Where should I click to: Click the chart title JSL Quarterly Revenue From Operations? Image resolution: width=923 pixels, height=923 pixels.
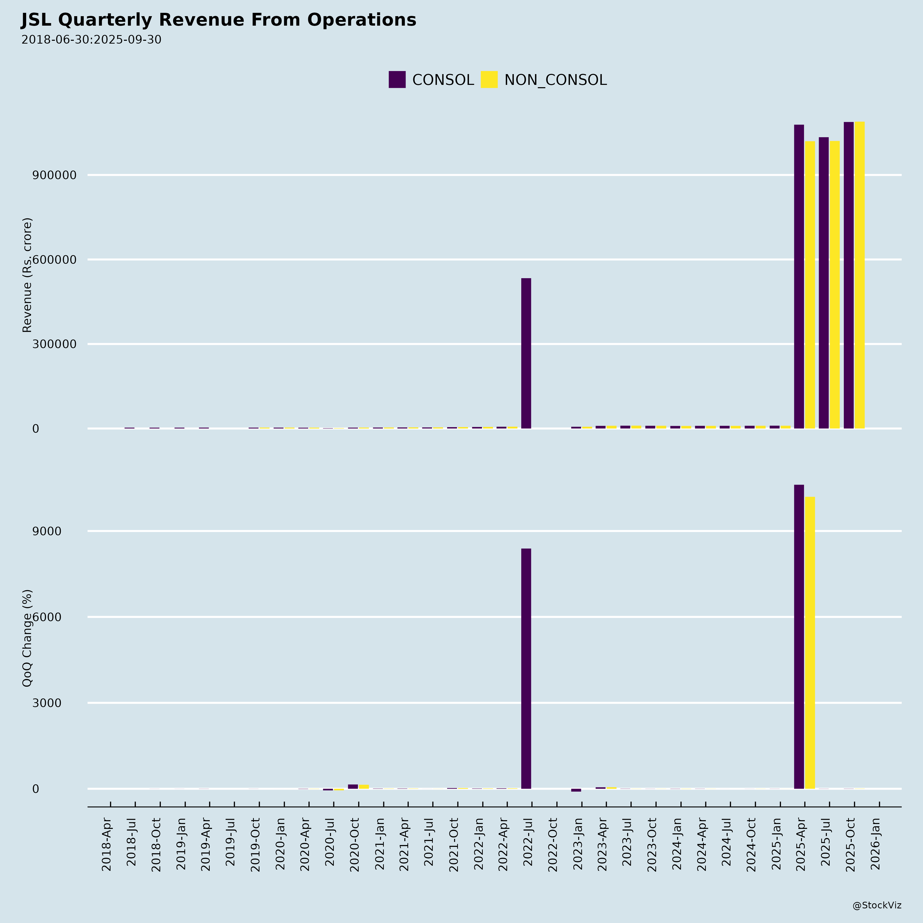point(218,20)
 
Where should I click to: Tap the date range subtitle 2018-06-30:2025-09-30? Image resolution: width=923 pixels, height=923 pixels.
point(91,40)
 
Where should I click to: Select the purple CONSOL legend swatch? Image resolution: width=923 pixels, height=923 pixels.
point(397,80)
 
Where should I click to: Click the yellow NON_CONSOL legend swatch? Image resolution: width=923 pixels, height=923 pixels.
point(489,80)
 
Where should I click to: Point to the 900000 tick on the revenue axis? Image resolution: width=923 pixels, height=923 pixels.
point(54,175)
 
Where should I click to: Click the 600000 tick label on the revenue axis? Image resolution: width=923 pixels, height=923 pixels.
point(54,260)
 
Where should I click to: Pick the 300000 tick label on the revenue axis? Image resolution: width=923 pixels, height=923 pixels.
point(54,344)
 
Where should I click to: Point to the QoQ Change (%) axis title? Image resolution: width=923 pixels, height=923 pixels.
point(27,638)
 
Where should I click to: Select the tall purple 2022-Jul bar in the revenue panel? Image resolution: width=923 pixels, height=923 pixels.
point(526,354)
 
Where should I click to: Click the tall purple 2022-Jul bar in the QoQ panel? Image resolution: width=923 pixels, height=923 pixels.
point(526,669)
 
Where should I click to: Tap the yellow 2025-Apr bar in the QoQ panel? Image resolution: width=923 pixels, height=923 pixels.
point(810,643)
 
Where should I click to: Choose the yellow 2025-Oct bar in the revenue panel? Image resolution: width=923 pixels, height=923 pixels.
point(859,275)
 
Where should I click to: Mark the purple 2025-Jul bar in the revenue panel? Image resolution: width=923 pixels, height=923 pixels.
point(824,283)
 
